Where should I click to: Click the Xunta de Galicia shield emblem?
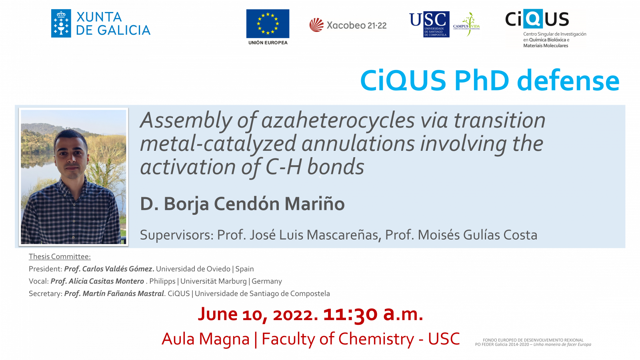tap(61, 24)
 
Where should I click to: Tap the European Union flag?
tap(268, 24)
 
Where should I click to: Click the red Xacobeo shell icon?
tap(316, 25)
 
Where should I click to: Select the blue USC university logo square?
tap(436, 24)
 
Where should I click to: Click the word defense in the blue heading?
tap(568, 80)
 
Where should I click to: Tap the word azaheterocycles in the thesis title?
tap(338, 120)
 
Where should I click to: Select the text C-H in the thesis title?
tap(284, 167)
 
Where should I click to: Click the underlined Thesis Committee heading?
tap(60, 256)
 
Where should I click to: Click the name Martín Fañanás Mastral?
tap(123, 294)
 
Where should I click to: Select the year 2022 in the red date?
tap(295, 314)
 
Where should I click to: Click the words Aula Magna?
tap(206, 339)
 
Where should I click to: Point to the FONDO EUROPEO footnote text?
tap(533, 342)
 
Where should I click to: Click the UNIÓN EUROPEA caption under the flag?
tap(268, 42)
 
